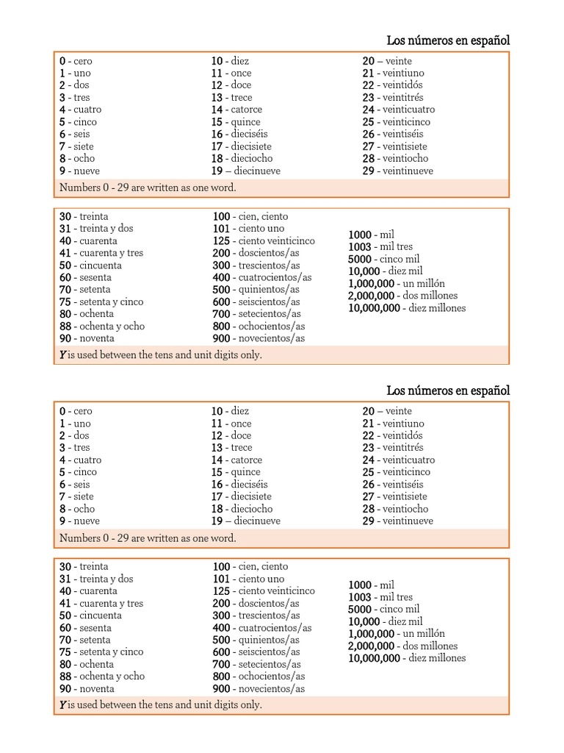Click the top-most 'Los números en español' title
coord(448,40)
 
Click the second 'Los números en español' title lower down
coord(448,390)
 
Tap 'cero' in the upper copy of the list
coord(83,61)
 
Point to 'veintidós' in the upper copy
coord(402,85)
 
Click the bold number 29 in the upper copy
coord(368,171)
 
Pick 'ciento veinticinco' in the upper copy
coord(274,240)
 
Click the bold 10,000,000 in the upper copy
coord(374,308)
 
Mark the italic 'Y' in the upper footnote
coord(62,355)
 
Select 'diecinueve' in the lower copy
coord(257,521)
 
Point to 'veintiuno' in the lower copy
coord(403,424)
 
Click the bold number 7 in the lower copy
coord(62,496)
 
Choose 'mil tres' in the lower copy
coord(396,597)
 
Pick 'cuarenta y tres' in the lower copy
coord(111,603)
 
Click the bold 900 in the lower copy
coord(221,689)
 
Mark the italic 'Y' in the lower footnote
coord(62,705)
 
